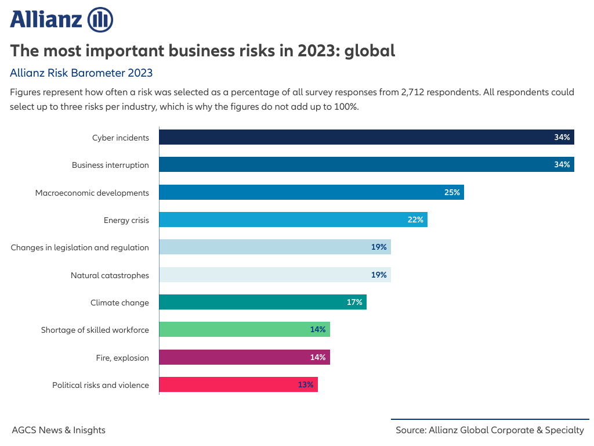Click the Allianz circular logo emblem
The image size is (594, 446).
click(x=100, y=20)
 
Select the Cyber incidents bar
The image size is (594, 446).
click(x=366, y=138)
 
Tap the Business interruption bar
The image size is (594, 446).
click(x=366, y=165)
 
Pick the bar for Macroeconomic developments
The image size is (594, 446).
click(x=311, y=192)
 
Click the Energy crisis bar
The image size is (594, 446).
click(x=293, y=220)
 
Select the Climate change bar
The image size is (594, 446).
click(x=262, y=302)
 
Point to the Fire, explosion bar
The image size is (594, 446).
click(x=244, y=357)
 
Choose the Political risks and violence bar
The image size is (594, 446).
click(x=238, y=384)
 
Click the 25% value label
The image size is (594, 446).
click(x=452, y=192)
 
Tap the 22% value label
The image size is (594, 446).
click(x=415, y=220)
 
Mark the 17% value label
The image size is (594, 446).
click(x=354, y=302)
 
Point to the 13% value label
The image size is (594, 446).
click(x=306, y=384)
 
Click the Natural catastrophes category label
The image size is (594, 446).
click(x=110, y=275)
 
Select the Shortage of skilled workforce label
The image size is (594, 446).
click(x=95, y=330)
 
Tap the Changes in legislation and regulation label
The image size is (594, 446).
click(x=79, y=247)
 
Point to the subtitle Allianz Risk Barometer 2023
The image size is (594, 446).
click(x=81, y=73)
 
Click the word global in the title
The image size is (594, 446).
click(x=370, y=51)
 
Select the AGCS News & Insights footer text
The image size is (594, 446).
click(x=59, y=430)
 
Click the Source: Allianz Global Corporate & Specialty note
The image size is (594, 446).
click(x=490, y=430)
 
